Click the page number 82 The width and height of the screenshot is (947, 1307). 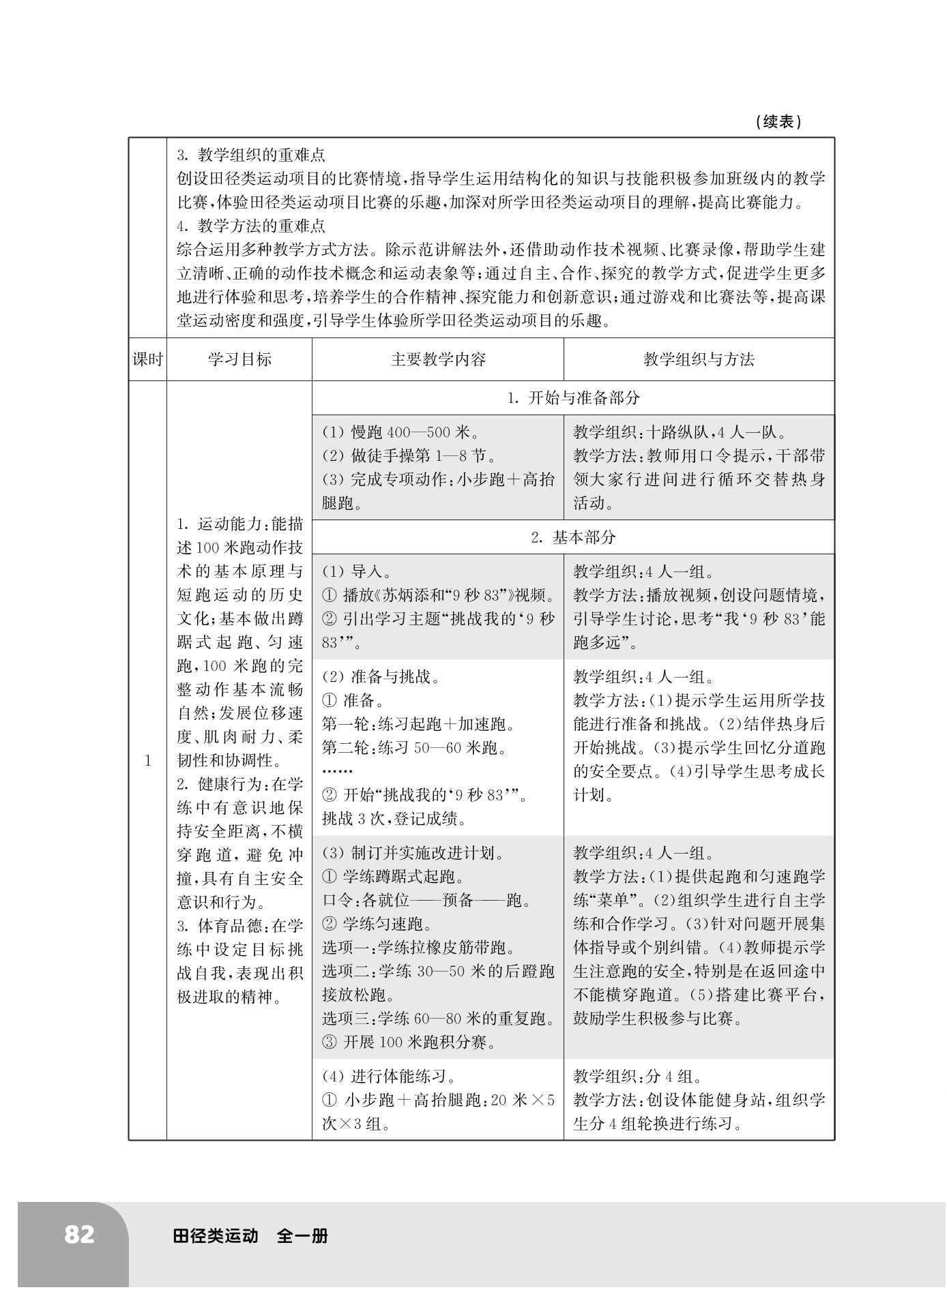click(x=79, y=1235)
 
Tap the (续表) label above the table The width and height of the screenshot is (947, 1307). click(x=778, y=122)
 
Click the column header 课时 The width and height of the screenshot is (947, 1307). click(x=147, y=359)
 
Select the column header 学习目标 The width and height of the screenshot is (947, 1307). click(x=239, y=359)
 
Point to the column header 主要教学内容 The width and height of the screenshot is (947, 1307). click(x=438, y=359)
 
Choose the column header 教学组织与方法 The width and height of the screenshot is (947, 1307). click(x=699, y=359)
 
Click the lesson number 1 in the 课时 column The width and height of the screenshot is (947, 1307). click(x=147, y=761)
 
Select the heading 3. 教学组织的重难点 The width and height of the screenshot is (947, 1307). click(x=250, y=155)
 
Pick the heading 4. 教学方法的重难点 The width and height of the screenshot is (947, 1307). click(x=250, y=226)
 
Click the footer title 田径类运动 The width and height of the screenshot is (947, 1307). click(x=216, y=1235)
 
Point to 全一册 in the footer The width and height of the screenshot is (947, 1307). click(x=302, y=1235)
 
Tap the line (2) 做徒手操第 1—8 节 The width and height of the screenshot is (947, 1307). click(x=409, y=455)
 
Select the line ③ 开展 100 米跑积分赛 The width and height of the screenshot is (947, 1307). click(x=409, y=1042)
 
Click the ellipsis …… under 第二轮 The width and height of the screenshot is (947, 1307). click(x=337, y=771)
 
